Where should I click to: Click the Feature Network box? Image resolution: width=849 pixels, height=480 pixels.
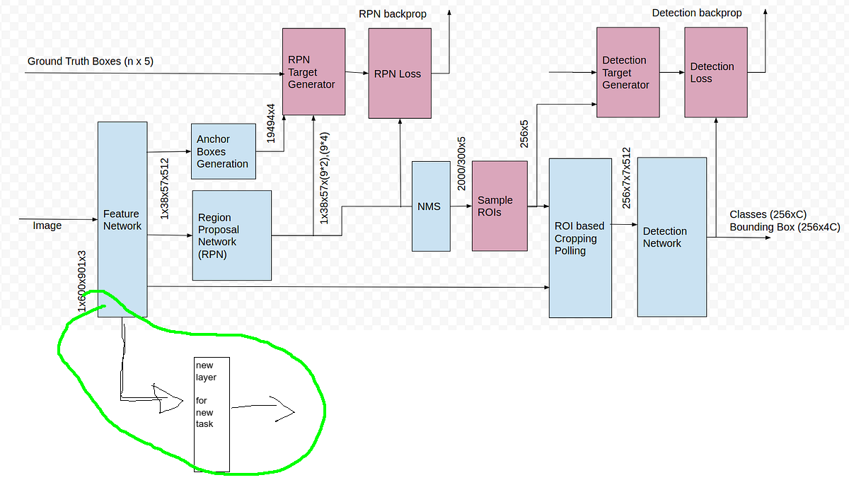122,219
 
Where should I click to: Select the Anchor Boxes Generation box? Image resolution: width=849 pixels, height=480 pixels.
223,151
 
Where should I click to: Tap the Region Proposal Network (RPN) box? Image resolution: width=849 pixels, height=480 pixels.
232,235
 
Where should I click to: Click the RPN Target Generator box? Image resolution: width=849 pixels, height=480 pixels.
314,72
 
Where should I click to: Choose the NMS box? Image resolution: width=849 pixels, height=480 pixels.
430,206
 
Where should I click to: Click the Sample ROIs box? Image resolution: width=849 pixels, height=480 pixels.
499,206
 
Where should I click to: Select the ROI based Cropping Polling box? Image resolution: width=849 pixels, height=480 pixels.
580,238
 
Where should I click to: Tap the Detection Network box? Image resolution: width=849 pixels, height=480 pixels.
672,238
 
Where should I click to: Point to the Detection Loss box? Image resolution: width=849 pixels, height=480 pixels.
715,72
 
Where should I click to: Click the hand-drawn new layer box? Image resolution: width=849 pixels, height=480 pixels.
212,414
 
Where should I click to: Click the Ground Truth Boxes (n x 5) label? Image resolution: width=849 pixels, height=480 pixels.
91,62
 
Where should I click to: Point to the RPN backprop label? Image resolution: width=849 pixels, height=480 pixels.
393,13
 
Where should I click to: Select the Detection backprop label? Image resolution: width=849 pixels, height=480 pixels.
697,13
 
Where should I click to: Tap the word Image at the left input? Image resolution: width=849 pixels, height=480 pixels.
47,226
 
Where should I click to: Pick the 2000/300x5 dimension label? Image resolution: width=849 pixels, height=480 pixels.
461,163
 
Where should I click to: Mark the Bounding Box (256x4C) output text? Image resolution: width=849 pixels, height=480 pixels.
785,227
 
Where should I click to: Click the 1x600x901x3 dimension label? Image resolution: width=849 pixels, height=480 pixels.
83,281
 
